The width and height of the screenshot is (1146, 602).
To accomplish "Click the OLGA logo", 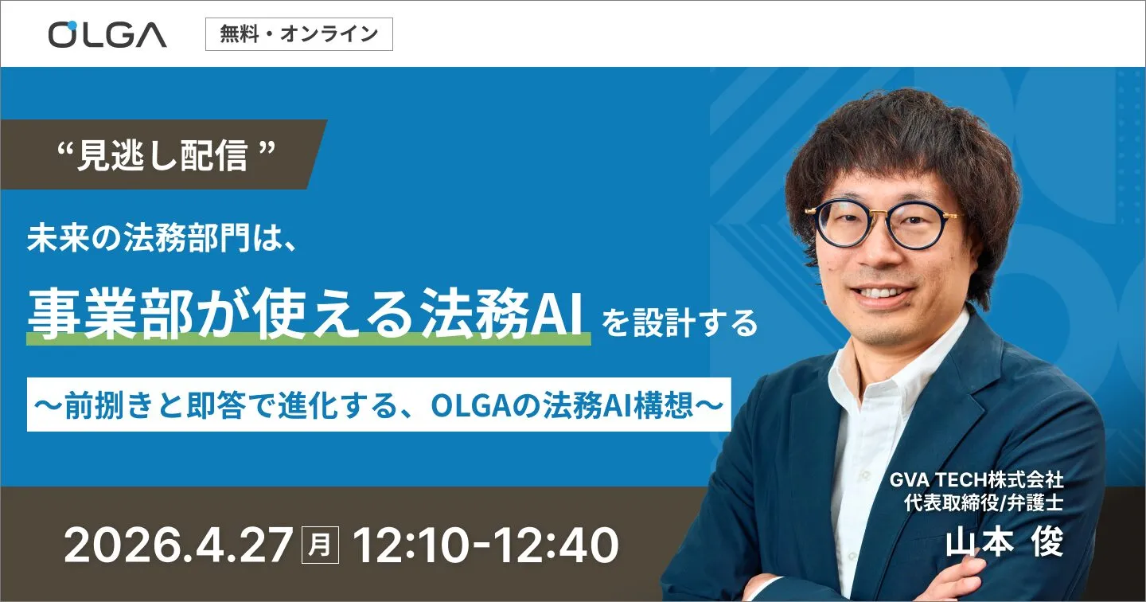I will pyautogui.click(x=107, y=34).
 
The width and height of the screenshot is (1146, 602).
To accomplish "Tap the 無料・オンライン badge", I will pyautogui.click(x=298, y=34).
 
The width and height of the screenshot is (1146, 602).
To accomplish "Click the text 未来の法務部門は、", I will pyautogui.click(x=162, y=240).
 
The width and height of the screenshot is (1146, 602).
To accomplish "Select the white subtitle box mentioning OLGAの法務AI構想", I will pyautogui.click(x=379, y=405).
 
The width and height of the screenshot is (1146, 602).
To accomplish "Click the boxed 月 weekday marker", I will pyautogui.click(x=321, y=546).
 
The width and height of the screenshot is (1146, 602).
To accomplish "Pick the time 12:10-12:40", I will pyautogui.click(x=485, y=546).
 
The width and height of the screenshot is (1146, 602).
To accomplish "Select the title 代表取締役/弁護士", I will pyautogui.click(x=983, y=503).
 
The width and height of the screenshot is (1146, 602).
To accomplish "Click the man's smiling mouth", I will pyautogui.click(x=881, y=292).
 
